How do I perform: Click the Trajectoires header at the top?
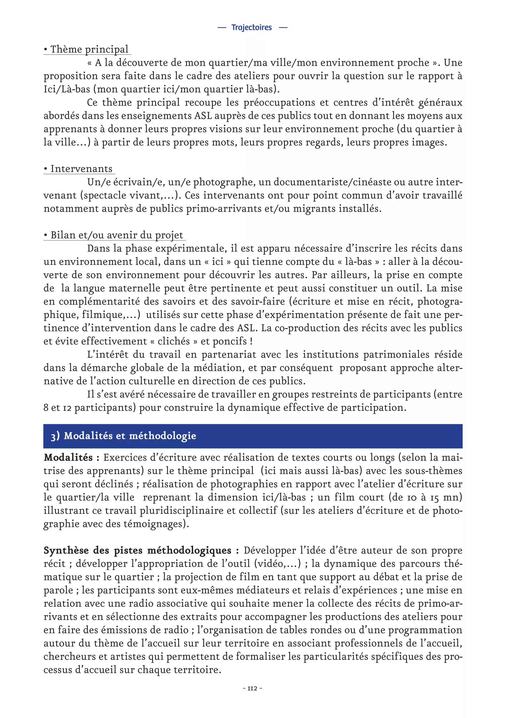(252, 27)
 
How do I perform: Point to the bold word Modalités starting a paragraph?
(68, 458)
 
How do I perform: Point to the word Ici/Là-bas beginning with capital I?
(67, 89)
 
